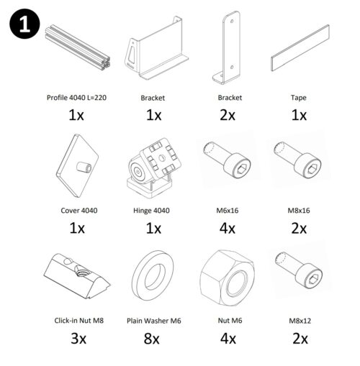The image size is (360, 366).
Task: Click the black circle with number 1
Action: coord(24,24)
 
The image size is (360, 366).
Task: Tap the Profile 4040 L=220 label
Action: coord(76,98)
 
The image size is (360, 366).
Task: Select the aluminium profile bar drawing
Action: coord(78,47)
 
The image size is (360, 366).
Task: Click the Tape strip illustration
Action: coord(300,47)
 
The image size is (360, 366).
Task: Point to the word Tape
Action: coord(299,98)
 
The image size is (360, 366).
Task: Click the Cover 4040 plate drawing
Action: coord(78,165)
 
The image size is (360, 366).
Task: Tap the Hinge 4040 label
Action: coord(151,211)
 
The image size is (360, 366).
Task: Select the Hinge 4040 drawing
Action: coord(153,168)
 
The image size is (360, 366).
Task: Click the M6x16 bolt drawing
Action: coord(227,160)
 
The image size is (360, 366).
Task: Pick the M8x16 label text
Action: coord(299,211)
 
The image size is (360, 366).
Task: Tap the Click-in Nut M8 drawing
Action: coord(77,275)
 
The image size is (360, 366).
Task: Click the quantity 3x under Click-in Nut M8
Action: coord(78,339)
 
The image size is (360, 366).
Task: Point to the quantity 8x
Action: coord(151,339)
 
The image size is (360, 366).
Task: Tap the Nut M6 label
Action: coord(230,321)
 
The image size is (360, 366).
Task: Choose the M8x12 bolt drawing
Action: coord(299,270)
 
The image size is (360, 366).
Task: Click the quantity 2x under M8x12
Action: coord(300,339)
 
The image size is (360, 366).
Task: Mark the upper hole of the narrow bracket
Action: coord(232,22)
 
